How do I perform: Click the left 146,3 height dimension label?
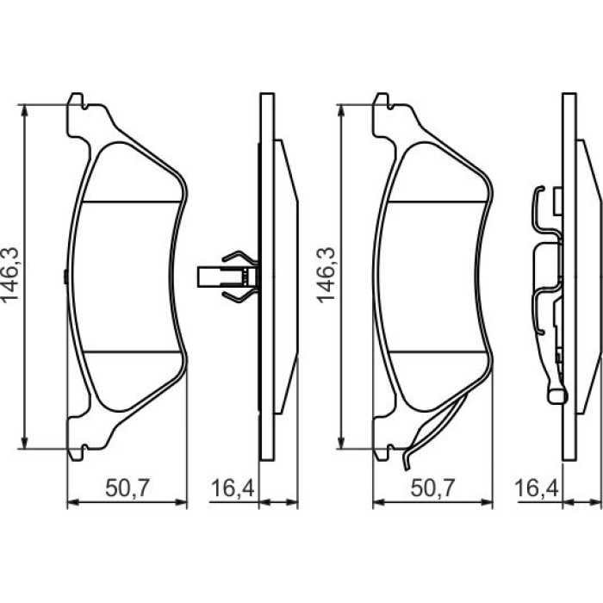coord(10,275)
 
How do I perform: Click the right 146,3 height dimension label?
coord(326,275)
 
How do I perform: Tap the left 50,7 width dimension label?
coord(127,488)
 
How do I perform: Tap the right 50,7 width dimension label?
coord(432,488)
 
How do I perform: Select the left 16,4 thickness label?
coord(233,488)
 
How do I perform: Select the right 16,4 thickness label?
coord(536,488)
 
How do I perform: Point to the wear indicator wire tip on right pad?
coord(406,468)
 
